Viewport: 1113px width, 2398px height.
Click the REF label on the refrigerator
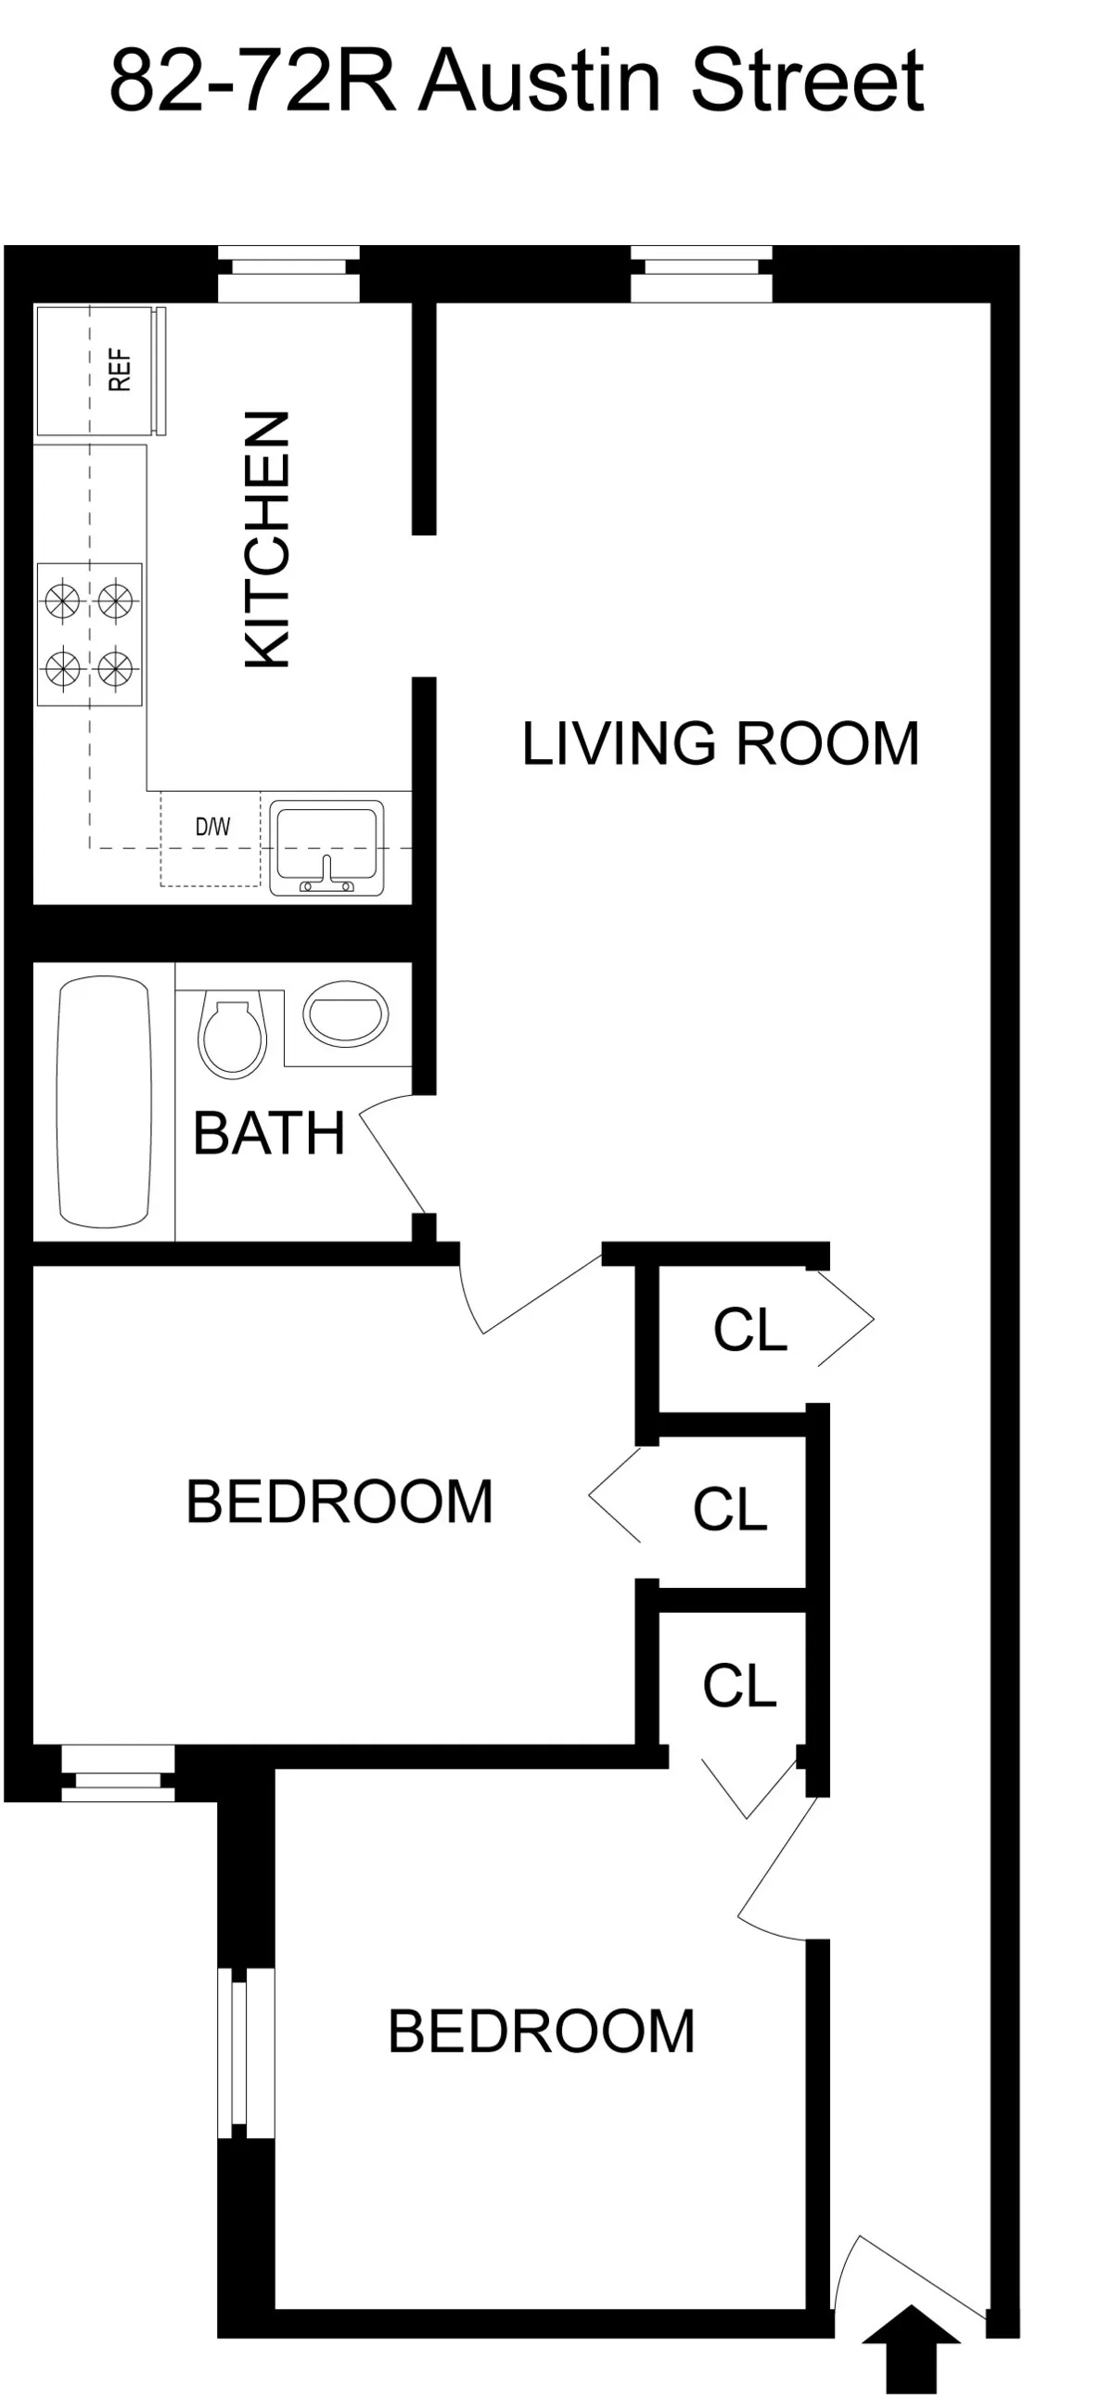(119, 369)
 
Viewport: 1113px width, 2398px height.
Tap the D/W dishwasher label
(212, 826)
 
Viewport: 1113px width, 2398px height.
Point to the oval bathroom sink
(345, 1012)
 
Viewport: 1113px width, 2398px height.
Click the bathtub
(103, 1102)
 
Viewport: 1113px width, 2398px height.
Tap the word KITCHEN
(268, 539)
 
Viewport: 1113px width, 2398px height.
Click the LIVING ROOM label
(721, 743)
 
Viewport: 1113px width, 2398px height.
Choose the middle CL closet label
(730, 1509)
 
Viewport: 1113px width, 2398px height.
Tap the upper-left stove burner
(62, 599)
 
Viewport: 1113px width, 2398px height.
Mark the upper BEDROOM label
(339, 1502)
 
